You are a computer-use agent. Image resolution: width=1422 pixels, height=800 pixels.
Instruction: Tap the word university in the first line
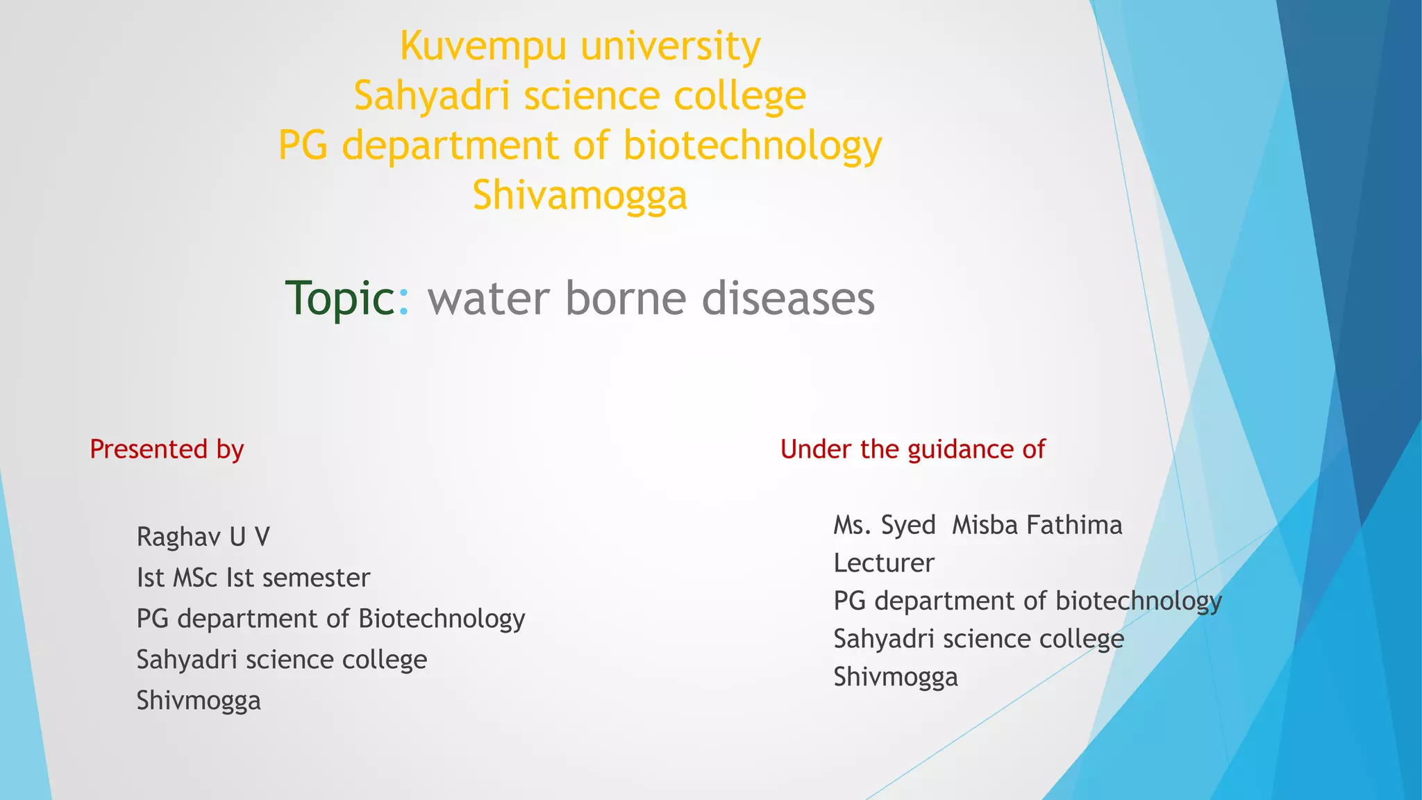pyautogui.click(x=671, y=47)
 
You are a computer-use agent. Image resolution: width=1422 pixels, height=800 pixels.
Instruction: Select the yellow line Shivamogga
pyautogui.click(x=580, y=195)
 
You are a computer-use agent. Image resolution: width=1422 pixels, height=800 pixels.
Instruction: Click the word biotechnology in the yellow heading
pyautogui.click(x=752, y=146)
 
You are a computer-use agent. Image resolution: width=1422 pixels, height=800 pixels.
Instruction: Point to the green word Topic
pyautogui.click(x=340, y=299)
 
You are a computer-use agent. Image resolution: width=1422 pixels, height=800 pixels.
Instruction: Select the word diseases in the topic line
pyautogui.click(x=788, y=299)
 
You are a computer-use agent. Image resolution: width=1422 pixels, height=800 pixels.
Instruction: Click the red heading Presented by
pyautogui.click(x=167, y=449)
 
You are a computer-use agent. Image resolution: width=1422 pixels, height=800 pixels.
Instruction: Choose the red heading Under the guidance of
pyautogui.click(x=912, y=449)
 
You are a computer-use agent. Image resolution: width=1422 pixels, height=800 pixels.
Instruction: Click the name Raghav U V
pyautogui.click(x=203, y=537)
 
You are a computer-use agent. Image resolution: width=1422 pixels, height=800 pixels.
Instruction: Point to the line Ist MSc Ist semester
pyautogui.click(x=253, y=578)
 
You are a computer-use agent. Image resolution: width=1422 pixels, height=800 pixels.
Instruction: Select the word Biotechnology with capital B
pyautogui.click(x=442, y=619)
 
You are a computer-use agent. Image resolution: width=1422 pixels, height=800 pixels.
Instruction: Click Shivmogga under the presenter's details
pyautogui.click(x=199, y=701)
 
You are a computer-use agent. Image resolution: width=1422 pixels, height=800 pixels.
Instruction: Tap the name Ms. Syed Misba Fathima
pyautogui.click(x=978, y=525)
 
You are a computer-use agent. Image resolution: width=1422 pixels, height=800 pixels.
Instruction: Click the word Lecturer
pyautogui.click(x=884, y=563)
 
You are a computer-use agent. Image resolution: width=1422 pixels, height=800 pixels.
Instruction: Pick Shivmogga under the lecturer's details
pyautogui.click(x=896, y=677)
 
